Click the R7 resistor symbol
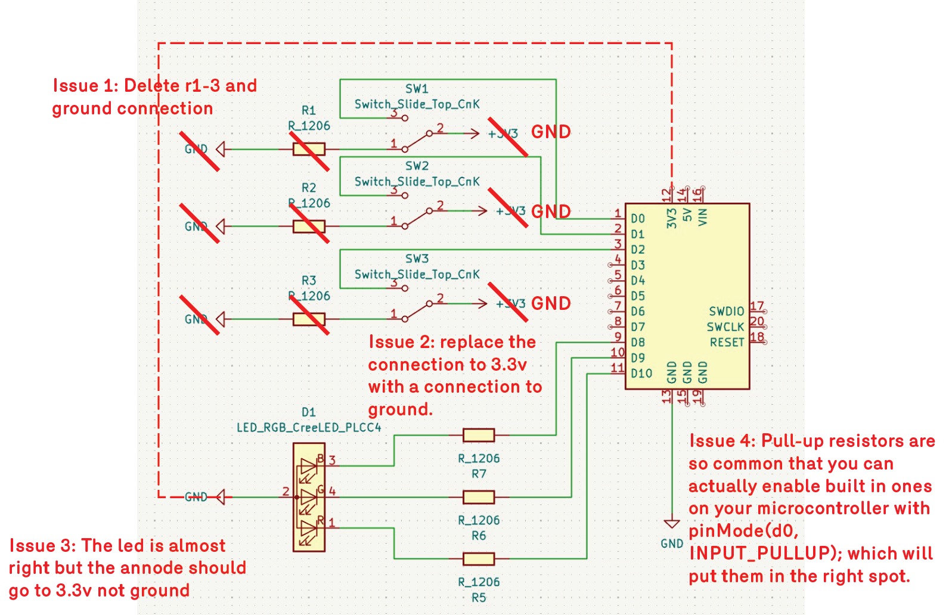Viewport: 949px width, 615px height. [479, 436]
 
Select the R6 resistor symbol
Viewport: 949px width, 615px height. [479, 497]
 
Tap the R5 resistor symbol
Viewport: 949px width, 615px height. [479, 559]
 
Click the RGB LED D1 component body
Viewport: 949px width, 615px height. [309, 497]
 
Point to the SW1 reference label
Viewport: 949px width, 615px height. [417, 89]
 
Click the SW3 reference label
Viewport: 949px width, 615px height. [417, 259]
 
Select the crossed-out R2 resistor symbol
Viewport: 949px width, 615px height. [309, 226]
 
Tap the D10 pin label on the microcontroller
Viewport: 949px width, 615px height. [641, 374]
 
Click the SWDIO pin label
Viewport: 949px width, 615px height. [727, 312]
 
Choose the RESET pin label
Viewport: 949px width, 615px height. [727, 343]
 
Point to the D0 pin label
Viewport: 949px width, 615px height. [638, 219]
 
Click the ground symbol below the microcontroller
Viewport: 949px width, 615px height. [672, 524]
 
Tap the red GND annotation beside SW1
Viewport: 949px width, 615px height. [551, 132]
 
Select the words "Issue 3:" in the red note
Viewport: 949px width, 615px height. [42, 546]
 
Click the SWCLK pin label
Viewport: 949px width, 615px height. [725, 327]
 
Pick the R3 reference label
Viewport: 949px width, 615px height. [309, 280]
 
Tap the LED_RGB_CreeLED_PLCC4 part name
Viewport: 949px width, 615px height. [309, 427]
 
